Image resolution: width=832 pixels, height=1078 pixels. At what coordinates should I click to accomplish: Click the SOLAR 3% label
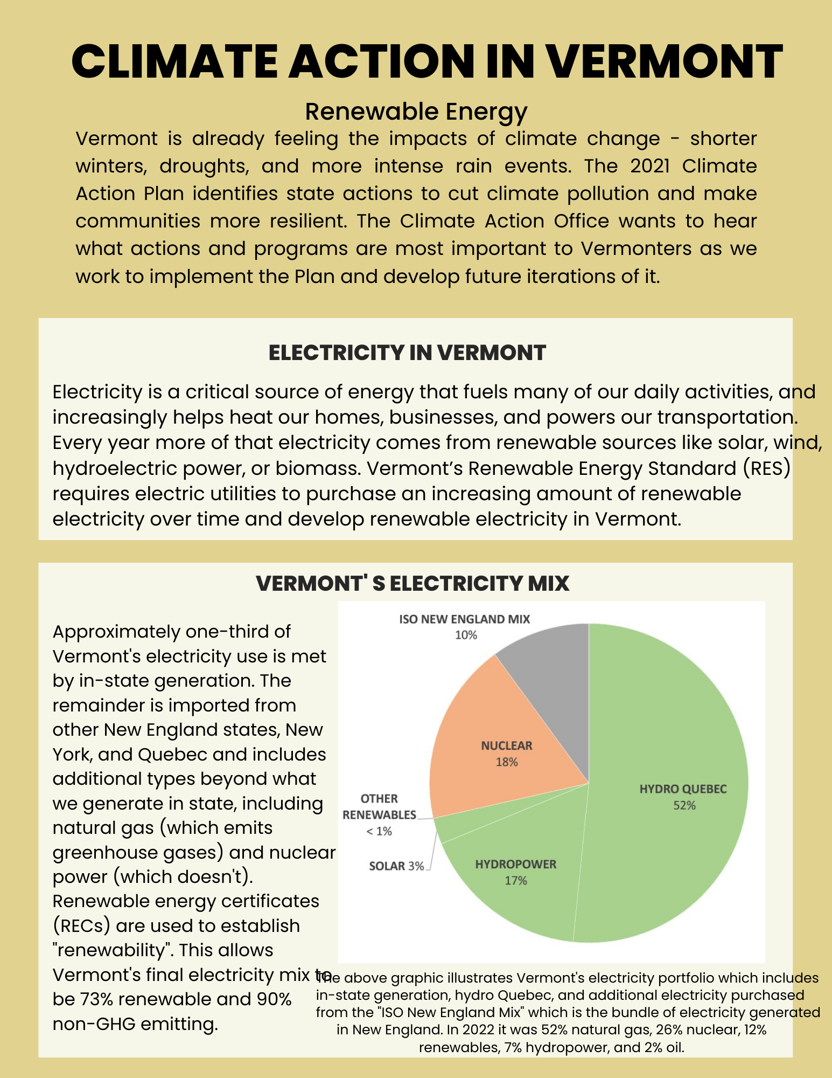pos(396,866)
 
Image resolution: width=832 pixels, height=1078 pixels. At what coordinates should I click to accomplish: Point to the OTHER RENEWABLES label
pos(379,806)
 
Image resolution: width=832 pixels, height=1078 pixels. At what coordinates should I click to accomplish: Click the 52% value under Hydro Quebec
pos(684,805)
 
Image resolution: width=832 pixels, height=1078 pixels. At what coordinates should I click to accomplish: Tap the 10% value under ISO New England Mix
pos(466,635)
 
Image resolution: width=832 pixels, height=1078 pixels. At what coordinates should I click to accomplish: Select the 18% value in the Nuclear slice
pos(507,762)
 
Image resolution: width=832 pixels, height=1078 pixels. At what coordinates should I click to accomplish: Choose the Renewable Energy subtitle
pos(416,111)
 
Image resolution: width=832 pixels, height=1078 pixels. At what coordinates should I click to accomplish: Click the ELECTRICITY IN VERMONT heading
pos(407,353)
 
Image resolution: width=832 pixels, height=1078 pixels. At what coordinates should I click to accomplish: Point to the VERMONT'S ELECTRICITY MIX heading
pos(412,583)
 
